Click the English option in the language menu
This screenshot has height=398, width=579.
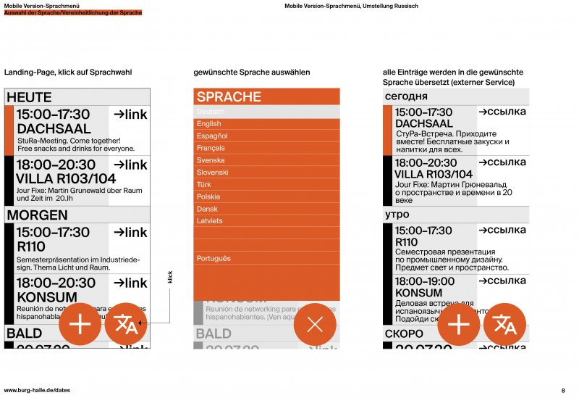(x=209, y=124)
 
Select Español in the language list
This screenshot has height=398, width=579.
(x=212, y=136)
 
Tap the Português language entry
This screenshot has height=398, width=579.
(x=214, y=258)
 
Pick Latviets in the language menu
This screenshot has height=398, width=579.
(x=210, y=220)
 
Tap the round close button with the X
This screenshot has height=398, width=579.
(x=315, y=324)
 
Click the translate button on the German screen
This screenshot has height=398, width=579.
(x=126, y=324)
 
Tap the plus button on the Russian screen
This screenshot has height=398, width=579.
(x=459, y=324)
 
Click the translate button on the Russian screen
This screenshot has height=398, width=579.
(x=504, y=324)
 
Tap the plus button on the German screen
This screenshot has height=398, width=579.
(x=80, y=324)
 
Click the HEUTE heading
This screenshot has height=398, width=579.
(x=29, y=97)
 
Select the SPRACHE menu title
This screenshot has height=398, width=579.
(x=229, y=97)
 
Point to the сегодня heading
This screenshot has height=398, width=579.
(x=406, y=96)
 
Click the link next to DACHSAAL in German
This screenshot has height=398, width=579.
(x=130, y=115)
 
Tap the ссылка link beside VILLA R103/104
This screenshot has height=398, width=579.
(x=502, y=162)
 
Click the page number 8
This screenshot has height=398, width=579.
(x=563, y=390)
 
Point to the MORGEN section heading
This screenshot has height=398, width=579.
(x=37, y=215)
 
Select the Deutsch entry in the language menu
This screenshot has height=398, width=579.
(x=211, y=112)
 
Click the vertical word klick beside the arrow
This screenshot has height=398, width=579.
(x=171, y=278)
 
